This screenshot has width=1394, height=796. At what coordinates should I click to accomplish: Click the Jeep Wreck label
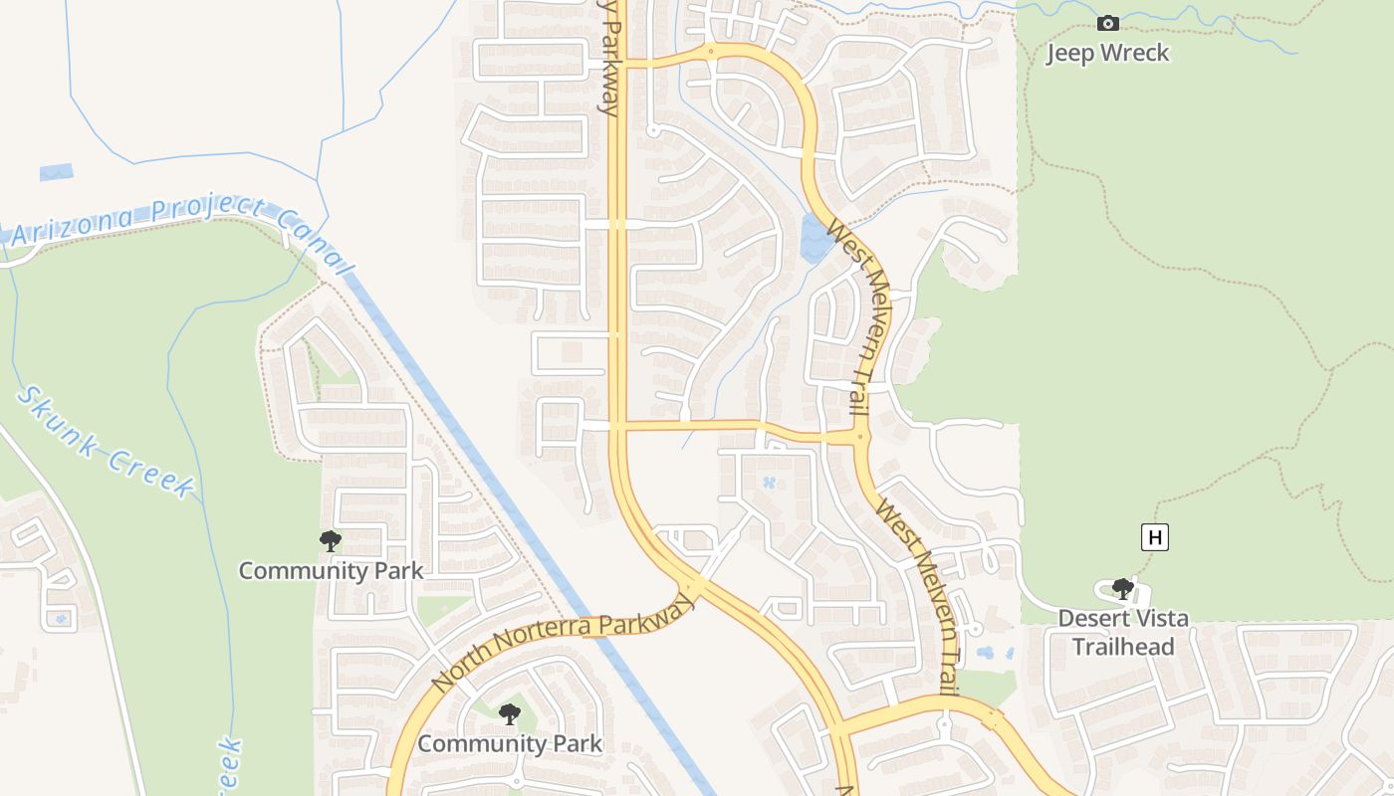coord(1107,53)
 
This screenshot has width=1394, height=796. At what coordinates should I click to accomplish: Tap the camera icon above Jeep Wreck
coord(1107,23)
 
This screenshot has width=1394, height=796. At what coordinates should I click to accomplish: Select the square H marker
coord(1154,538)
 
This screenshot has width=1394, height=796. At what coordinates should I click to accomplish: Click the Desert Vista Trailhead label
coord(1122,632)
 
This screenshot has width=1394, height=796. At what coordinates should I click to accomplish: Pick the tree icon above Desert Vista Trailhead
coord(1122,589)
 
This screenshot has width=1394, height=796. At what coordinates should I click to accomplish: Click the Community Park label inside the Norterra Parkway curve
coord(509,743)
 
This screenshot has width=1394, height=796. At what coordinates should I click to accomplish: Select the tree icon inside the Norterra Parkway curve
coord(509,713)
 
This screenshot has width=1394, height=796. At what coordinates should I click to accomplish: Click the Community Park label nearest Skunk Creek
coord(331,570)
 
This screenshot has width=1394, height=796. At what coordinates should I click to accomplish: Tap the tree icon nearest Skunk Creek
coord(331,541)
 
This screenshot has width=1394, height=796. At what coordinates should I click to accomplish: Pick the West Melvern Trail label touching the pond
coord(857,318)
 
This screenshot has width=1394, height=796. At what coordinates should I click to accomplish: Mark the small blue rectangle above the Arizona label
coord(56,172)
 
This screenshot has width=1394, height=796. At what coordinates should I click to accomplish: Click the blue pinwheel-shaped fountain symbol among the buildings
coord(769,484)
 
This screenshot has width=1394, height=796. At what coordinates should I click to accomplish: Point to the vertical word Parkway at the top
coord(609,58)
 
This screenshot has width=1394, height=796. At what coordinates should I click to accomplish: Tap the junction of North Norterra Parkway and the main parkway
coord(695,585)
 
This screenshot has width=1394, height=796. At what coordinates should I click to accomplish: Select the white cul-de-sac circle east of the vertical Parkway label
coord(653,130)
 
